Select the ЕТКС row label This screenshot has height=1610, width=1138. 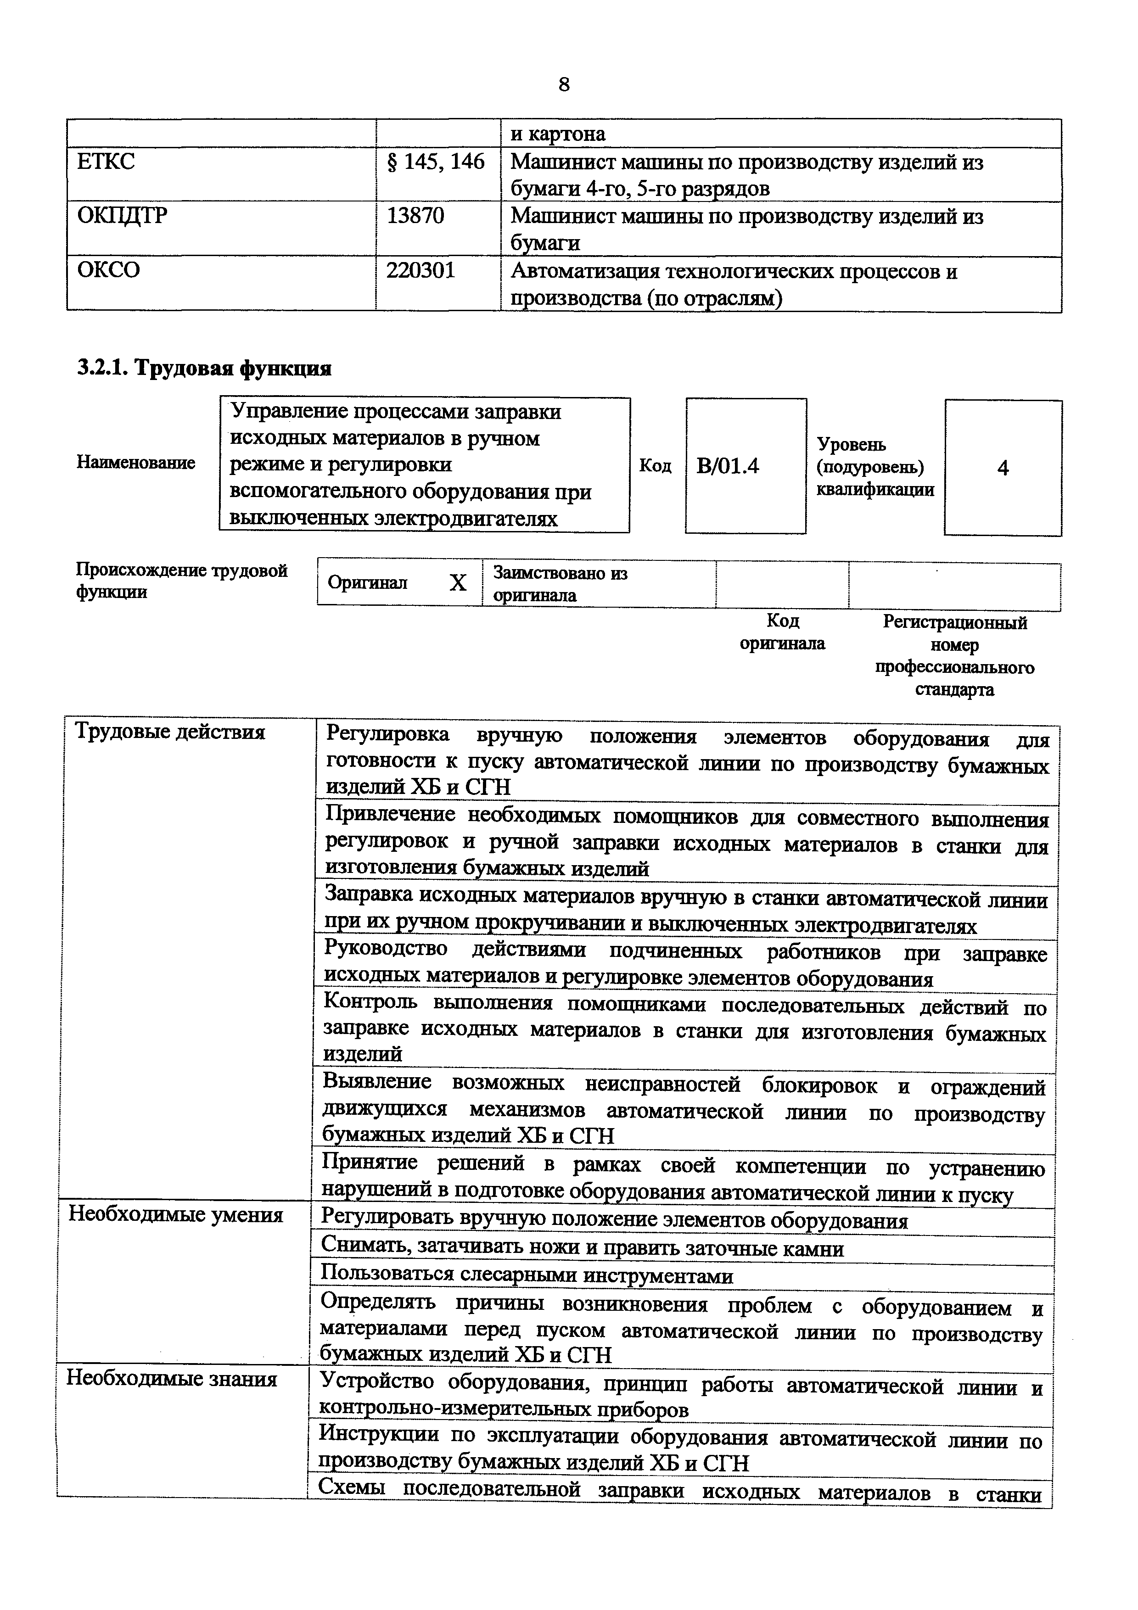tap(106, 162)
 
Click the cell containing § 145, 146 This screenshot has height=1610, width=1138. tap(436, 162)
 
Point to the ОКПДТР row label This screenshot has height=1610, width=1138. tap(122, 215)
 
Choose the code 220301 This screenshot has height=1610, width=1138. tap(420, 270)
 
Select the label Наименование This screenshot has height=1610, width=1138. tap(135, 463)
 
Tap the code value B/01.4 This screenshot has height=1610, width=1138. tap(728, 466)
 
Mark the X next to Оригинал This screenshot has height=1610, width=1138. tap(457, 583)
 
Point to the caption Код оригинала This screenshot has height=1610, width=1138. tap(783, 632)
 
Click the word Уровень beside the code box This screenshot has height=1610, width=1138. tap(851, 445)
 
